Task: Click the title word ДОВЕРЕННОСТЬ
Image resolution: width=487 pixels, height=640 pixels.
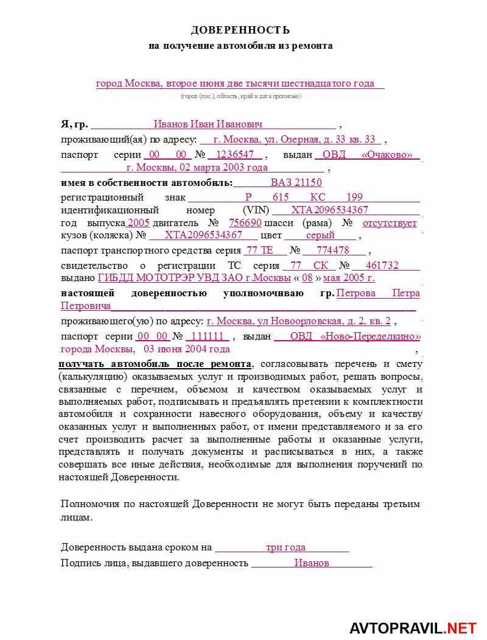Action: point(240,30)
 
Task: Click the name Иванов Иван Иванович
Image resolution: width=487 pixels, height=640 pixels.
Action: point(208,124)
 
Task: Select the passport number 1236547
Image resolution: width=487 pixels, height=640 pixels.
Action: point(235,155)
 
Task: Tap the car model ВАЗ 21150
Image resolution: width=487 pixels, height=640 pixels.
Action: point(296,183)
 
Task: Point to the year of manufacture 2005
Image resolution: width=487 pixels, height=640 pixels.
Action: point(138,223)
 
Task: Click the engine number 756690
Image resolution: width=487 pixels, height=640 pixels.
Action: point(245,223)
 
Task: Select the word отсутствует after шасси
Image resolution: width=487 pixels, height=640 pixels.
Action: point(390,223)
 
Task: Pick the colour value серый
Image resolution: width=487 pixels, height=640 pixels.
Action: point(320,235)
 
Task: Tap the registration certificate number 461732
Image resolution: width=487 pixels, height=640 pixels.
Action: point(382,265)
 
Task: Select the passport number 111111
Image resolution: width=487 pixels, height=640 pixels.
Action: point(208,336)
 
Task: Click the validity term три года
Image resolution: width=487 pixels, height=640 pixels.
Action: point(286,547)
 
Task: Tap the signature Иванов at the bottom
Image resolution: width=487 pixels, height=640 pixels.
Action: point(312,563)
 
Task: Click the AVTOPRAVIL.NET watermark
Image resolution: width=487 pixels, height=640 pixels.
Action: point(412,628)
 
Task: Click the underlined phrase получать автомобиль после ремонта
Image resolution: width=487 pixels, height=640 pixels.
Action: point(155,364)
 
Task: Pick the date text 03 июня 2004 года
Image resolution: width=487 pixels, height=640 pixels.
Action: point(187,349)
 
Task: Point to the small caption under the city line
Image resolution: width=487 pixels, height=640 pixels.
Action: point(240,96)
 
